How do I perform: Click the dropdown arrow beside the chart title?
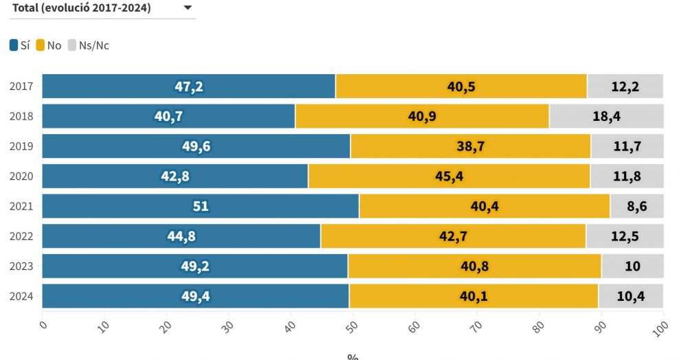(x=188, y=8)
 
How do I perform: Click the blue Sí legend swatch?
(x=14, y=46)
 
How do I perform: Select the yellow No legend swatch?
(x=41, y=46)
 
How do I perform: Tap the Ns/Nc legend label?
(x=93, y=46)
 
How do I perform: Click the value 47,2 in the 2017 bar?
(x=189, y=87)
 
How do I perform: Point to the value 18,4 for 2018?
(x=606, y=116)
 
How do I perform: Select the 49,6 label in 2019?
(x=197, y=146)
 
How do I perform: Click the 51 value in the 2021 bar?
(x=201, y=206)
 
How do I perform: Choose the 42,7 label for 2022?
(x=454, y=236)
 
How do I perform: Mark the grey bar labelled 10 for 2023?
(x=632, y=267)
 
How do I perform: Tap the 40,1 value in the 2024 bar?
(x=473, y=297)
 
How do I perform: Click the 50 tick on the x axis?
(x=351, y=324)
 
